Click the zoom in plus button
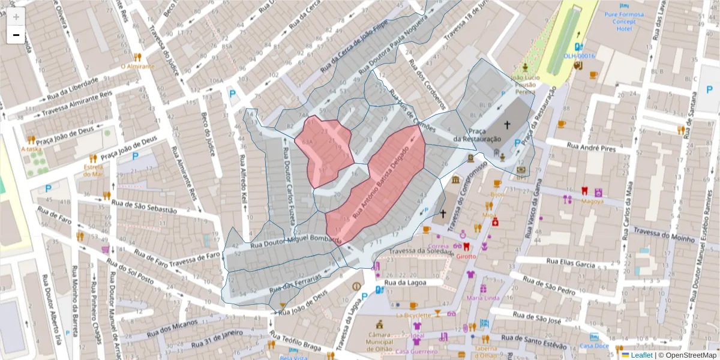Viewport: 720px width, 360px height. click(x=16, y=16)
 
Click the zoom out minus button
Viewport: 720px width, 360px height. click(x=16, y=35)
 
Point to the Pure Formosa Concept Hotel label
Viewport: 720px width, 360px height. click(x=624, y=22)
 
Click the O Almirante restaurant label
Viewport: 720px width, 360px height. click(x=137, y=67)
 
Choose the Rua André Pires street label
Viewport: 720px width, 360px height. click(x=582, y=148)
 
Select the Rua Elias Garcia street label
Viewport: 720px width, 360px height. click(x=569, y=262)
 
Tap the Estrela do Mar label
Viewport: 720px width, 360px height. click(x=94, y=170)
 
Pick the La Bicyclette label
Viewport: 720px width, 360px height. click(x=413, y=314)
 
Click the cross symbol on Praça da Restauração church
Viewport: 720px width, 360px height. click(x=507, y=125)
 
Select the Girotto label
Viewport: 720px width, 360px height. click(x=466, y=256)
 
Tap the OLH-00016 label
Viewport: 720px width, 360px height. click(x=578, y=56)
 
